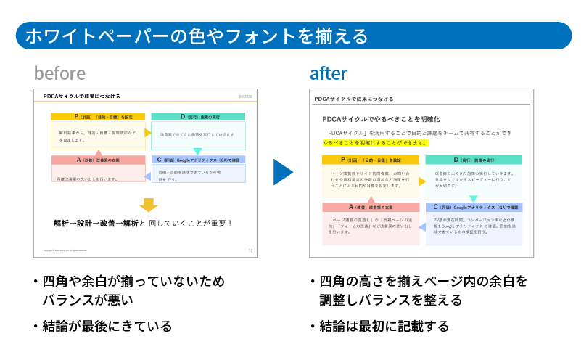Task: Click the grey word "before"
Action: pos(59,73)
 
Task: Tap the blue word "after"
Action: pos(329,73)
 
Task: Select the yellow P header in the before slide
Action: pos(98,116)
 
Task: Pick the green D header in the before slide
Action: pos(198,116)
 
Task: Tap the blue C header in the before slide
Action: pos(198,160)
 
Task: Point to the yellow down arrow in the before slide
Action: pos(148,204)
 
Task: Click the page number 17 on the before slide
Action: pos(250,250)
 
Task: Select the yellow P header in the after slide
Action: pos(370,160)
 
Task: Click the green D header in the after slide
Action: pos(474,160)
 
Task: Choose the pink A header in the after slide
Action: pos(370,207)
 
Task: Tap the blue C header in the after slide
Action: pos(474,207)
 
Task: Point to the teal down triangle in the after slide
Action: pos(473,198)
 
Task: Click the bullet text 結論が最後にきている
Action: pos(107,326)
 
